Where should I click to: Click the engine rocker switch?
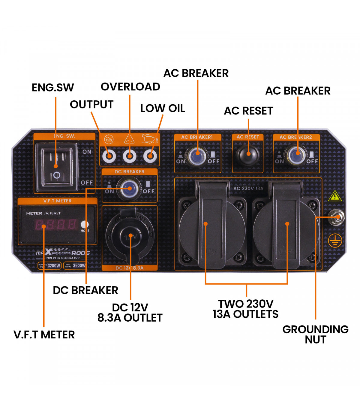coord(56,166)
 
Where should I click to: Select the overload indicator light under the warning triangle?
coord(129,156)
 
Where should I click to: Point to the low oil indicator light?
coord(150,156)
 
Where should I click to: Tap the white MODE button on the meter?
coord(85,224)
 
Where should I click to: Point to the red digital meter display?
coord(56,224)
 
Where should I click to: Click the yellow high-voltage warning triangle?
coord(334,196)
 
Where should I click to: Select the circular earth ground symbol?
coord(335,240)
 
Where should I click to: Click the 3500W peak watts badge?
coord(75,265)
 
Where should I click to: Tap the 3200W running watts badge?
coord(49,265)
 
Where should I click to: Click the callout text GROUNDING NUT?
coord(315,334)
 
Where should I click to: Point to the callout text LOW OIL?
coord(163,108)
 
